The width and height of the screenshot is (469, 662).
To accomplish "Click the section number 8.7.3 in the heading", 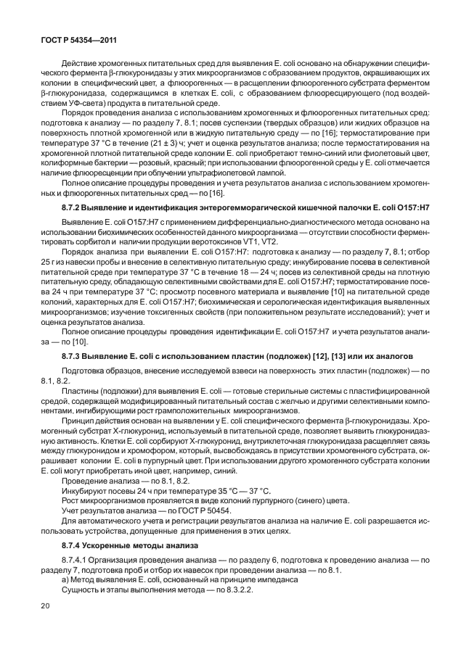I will tap(73, 357).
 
